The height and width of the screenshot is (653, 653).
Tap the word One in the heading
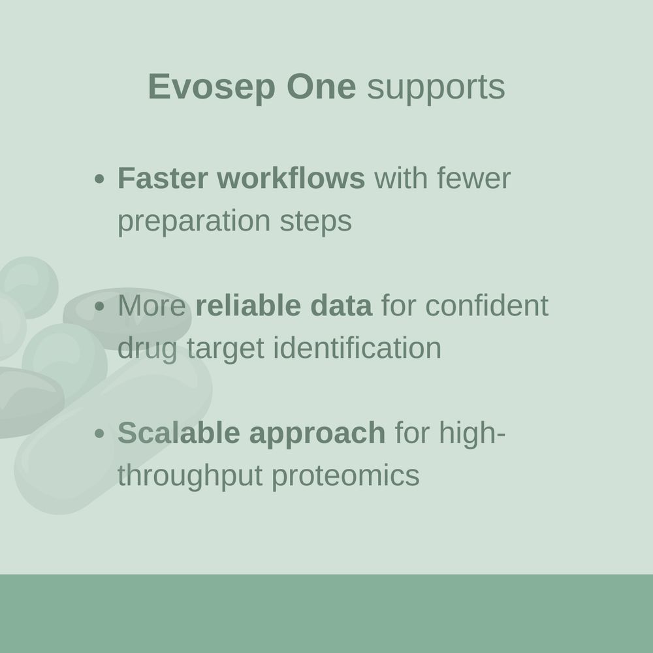(321, 87)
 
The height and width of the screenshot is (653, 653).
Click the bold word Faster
(163, 178)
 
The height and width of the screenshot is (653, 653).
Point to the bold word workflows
(291, 178)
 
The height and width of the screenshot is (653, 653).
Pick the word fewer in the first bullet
(474, 178)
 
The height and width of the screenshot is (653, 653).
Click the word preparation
(194, 222)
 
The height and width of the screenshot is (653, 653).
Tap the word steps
(315, 222)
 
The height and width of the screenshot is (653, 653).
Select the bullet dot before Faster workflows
(99, 180)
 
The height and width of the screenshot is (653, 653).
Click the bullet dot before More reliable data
(99, 306)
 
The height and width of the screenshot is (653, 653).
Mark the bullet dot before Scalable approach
(99, 434)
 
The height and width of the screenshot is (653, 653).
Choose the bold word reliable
(248, 305)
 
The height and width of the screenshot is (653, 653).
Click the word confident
(487, 305)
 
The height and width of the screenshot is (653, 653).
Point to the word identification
(357, 348)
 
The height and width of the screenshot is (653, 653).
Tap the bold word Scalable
(179, 432)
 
